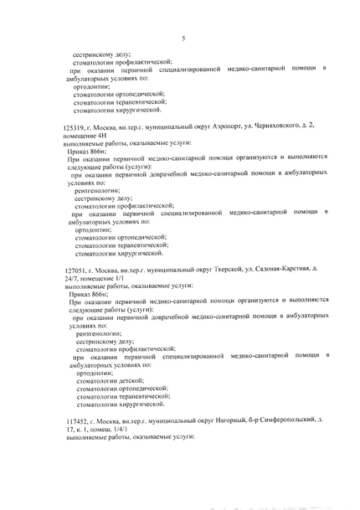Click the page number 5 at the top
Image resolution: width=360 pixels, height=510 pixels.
pyautogui.click(x=182, y=38)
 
